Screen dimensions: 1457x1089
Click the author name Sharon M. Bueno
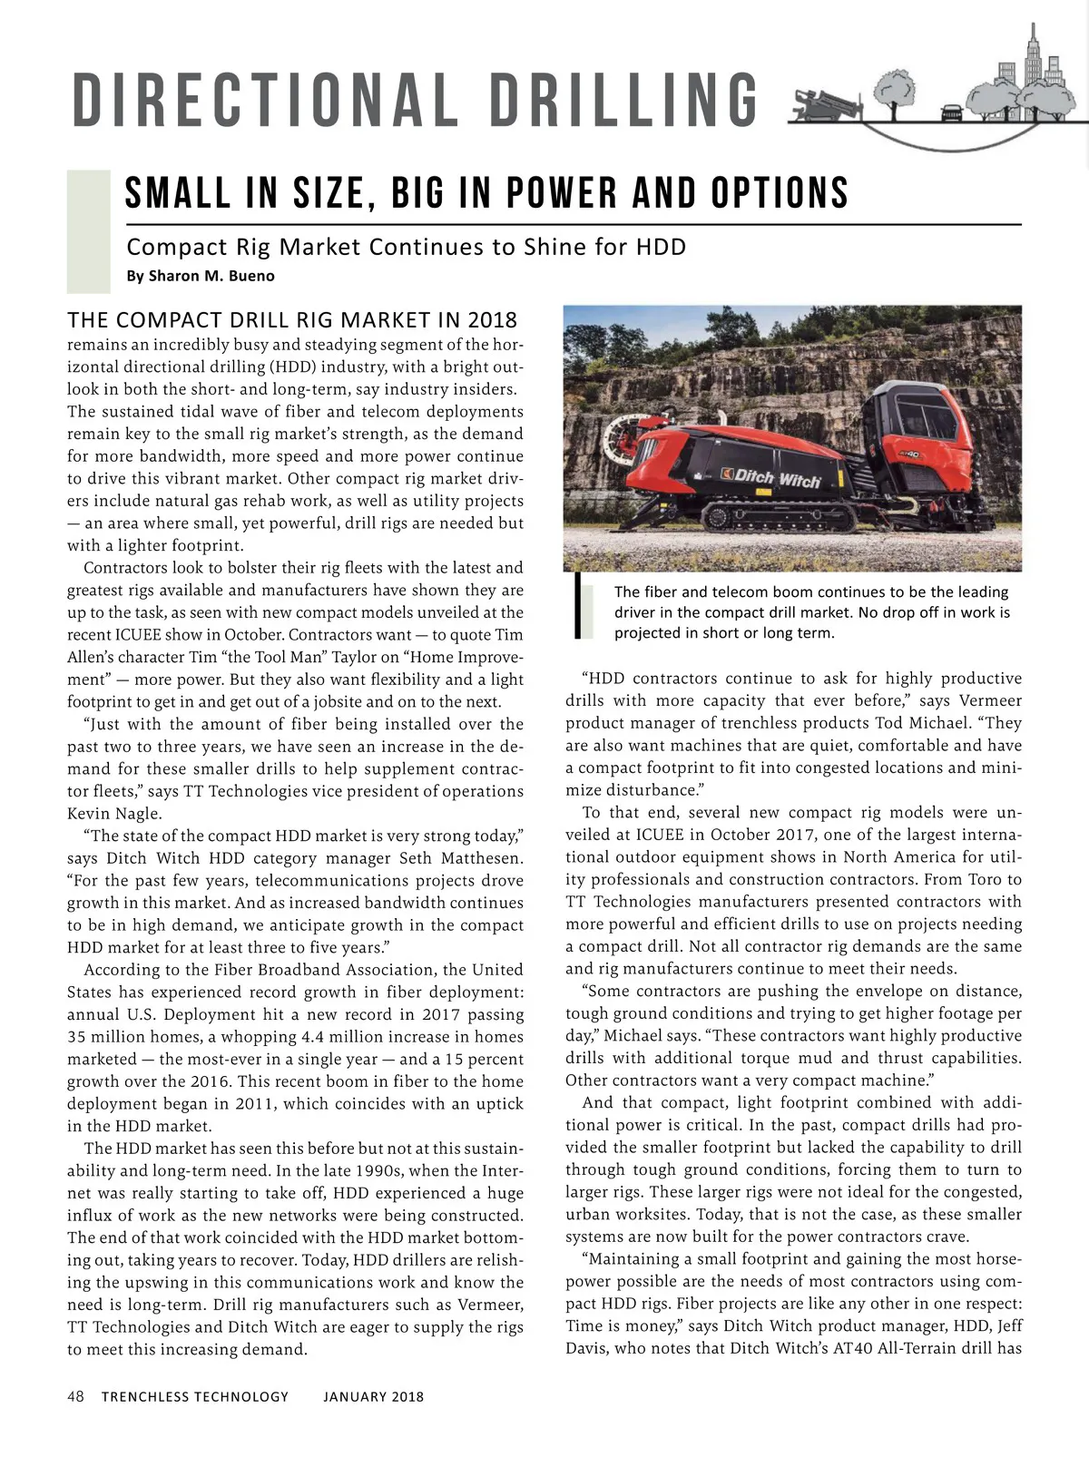pos(200,276)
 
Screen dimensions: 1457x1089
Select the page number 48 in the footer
pos(76,1396)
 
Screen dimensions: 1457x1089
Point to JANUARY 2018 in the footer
pos(373,1396)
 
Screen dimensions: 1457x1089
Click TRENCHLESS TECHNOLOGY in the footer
pos(195,1396)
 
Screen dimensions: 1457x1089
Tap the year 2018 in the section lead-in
pos(493,320)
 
